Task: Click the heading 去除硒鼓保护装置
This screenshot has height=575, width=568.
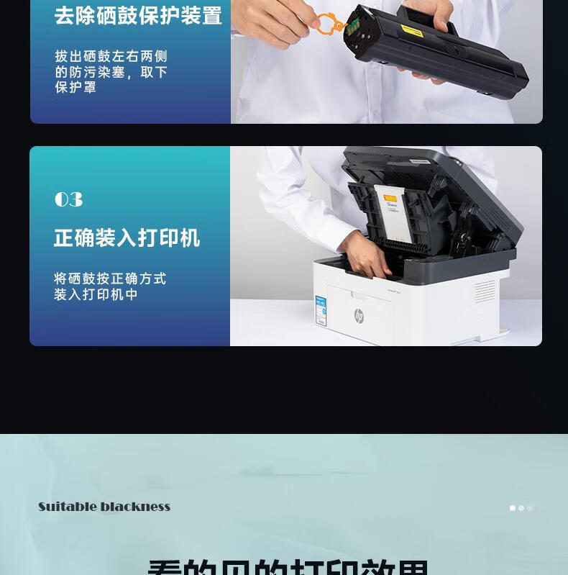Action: (138, 16)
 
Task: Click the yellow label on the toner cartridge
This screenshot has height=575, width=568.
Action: (411, 30)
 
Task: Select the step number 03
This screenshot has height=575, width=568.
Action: (68, 200)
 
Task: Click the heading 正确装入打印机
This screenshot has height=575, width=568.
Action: (127, 238)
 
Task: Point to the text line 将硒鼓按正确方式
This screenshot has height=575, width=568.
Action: (110, 279)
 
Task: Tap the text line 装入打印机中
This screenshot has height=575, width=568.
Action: (96, 294)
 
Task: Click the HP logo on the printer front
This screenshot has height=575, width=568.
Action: (359, 316)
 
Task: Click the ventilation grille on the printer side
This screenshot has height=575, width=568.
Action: (484, 291)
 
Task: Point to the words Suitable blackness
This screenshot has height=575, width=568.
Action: (104, 507)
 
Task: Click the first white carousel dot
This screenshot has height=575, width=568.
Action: (513, 508)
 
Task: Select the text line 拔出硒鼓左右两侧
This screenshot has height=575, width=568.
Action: (111, 56)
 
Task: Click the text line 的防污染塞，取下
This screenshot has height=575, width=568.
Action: (111, 72)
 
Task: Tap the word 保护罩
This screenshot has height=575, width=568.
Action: (75, 87)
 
